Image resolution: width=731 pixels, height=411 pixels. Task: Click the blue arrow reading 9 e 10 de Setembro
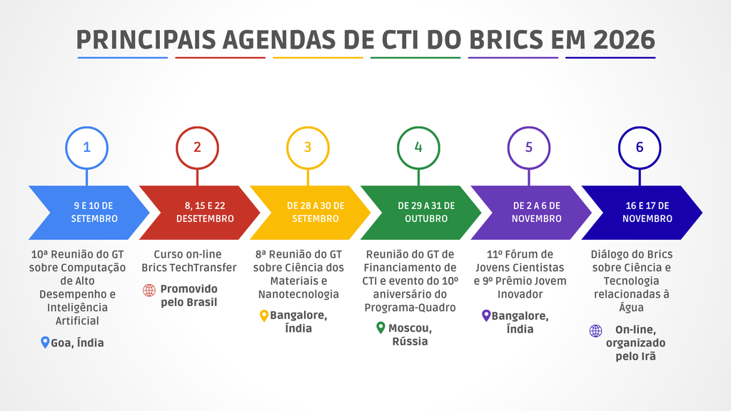click(x=89, y=213)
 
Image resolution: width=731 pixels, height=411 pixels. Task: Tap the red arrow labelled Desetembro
click(x=200, y=213)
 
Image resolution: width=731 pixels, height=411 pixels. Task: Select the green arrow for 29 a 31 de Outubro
click(x=421, y=213)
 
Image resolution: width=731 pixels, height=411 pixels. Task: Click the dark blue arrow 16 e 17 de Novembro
click(x=642, y=213)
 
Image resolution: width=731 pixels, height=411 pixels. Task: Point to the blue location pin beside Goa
click(x=45, y=342)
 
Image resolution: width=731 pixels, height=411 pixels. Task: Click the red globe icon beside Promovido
click(x=149, y=290)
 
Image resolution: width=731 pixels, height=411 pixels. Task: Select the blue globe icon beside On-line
click(x=596, y=331)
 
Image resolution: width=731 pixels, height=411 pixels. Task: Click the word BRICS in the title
click(x=506, y=40)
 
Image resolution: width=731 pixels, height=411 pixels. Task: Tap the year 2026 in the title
click(x=624, y=40)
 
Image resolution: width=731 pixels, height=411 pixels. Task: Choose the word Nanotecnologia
click(x=298, y=295)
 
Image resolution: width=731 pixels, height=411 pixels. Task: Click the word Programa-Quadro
click(x=410, y=308)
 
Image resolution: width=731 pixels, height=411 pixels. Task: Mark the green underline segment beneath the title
click(x=415, y=58)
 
